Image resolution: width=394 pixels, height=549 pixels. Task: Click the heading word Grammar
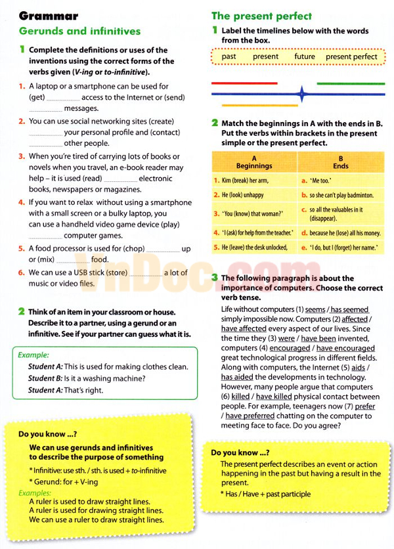[x=49, y=16]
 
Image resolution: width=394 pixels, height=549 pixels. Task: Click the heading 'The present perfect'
[x=261, y=16]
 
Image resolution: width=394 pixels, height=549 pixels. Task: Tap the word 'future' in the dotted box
[x=305, y=56]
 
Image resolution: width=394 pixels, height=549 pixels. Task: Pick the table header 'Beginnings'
[x=254, y=166]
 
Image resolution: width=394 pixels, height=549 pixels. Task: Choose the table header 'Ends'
[x=340, y=166]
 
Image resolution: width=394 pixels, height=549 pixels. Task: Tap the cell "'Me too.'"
[x=321, y=180]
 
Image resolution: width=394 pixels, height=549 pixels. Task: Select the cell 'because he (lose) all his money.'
[x=345, y=232]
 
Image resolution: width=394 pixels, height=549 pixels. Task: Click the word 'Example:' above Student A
[x=34, y=355]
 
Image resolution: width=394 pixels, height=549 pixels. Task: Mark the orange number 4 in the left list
[x=22, y=203]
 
